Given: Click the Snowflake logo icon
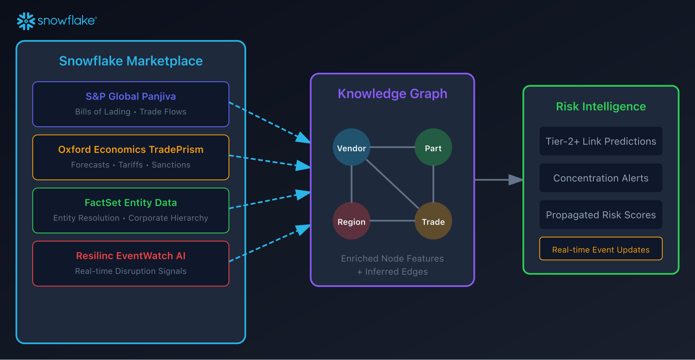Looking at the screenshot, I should [x=26, y=21].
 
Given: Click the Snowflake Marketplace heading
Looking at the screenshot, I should [x=131, y=61].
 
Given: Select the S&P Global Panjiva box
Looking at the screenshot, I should [x=131, y=104].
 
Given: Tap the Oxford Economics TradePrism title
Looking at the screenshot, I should [x=131, y=149].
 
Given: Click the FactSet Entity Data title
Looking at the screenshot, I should [x=131, y=203].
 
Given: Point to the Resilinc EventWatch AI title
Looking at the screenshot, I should [x=131, y=256].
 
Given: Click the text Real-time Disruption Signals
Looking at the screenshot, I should [x=131, y=271].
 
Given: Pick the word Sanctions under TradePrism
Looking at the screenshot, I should [x=171, y=165].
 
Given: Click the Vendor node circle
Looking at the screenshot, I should [x=351, y=147].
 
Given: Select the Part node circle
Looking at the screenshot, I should [x=433, y=147].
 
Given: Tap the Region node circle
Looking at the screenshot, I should [x=351, y=221].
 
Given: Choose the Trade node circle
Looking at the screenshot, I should [x=433, y=221].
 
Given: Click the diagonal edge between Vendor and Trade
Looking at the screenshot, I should [x=392, y=184].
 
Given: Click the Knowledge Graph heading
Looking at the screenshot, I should [x=392, y=94].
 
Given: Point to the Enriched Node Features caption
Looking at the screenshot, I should [x=392, y=259].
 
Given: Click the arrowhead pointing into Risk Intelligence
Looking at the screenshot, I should [x=516, y=179].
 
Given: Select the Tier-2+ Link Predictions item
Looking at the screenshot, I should [x=601, y=141].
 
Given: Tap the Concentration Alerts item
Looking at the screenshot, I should [x=601, y=178].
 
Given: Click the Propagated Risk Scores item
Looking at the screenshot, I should [x=601, y=215].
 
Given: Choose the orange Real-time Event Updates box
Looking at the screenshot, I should [x=601, y=249].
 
